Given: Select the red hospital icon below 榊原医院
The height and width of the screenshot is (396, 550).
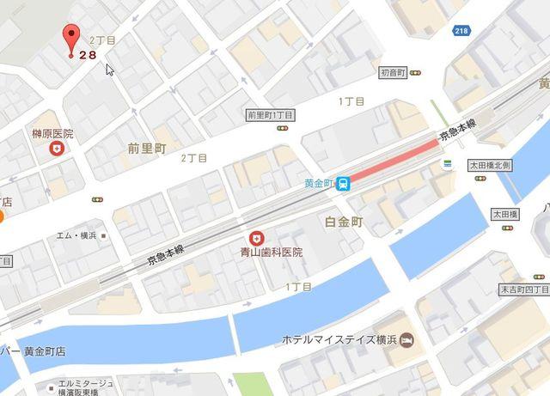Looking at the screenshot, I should tap(57, 149).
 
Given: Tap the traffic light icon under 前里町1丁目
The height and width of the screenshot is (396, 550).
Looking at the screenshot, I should tap(283, 128).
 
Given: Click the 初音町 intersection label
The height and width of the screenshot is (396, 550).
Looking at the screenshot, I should tap(394, 73).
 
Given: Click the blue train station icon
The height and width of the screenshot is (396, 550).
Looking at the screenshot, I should tap(343, 182).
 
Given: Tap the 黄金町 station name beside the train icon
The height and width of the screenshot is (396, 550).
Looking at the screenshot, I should tap(318, 182).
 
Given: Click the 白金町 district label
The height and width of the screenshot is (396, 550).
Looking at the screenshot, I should tap(345, 222).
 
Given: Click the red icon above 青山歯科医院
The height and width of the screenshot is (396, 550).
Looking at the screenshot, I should tap(256, 238).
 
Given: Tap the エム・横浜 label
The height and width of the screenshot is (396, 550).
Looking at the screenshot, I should tap(76, 235).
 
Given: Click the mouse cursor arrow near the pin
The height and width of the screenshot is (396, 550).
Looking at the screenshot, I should tap(110, 68).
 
